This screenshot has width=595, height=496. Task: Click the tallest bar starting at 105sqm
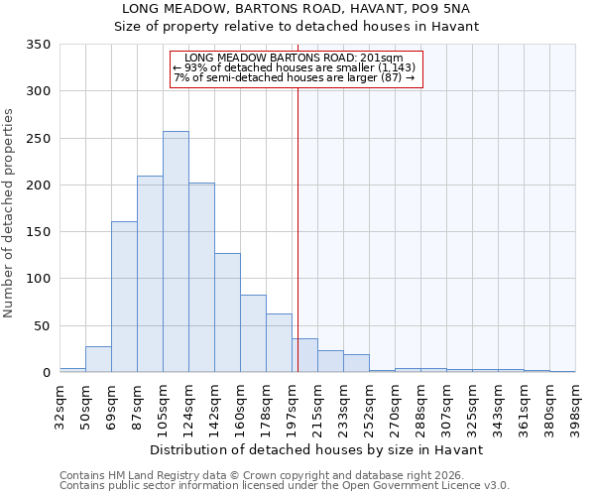tap(176, 252)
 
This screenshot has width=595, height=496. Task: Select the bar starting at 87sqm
tap(150, 274)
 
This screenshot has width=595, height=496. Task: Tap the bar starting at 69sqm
tap(124, 297)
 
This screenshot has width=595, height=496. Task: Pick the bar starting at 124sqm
tap(201, 278)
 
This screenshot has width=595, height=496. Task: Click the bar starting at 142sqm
tap(227, 312)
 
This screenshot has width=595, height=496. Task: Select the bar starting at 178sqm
tap(279, 343)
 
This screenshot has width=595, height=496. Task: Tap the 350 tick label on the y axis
tap(39, 45)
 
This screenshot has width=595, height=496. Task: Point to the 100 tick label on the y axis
tap(39, 279)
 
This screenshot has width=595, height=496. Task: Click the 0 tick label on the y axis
tap(46, 373)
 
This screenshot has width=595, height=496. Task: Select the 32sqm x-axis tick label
tap(59, 405)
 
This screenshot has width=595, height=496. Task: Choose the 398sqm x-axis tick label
tap(576, 407)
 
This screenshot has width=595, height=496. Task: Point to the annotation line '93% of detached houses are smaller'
tap(295, 67)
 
